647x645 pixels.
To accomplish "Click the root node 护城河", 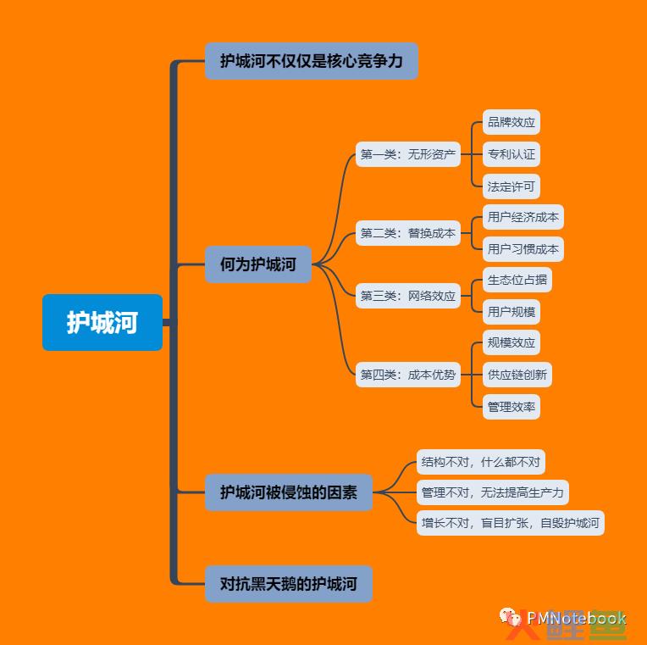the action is pos(102,322).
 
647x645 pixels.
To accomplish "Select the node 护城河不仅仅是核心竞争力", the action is pos(312,61).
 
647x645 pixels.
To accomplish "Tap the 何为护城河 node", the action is pos(258,264).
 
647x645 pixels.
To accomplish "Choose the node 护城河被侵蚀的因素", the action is pos(289,492).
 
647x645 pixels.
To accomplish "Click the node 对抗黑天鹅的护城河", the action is pos(289,584).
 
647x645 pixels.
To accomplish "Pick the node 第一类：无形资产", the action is pos(408,154).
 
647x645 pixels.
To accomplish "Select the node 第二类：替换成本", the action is pos(408,233).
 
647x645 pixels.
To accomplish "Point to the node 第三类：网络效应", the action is pos(408,296).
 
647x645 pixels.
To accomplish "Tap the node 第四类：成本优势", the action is pos(408,375).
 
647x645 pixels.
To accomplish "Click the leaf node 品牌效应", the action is pos(512,122).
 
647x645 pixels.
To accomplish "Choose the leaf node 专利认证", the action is pos(512,154).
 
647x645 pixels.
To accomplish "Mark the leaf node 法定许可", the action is pos(512,186).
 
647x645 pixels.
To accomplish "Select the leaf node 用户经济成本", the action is pos(523,217).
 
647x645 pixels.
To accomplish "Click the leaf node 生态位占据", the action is pos(517,280).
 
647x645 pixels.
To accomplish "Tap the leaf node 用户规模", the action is pos(512,312).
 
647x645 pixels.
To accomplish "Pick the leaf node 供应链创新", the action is pos(517,375).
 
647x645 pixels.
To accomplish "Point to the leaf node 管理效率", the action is pos(512,407).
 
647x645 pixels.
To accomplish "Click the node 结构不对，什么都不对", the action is pos(481,462).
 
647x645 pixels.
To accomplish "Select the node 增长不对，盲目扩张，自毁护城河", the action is pos(511,523).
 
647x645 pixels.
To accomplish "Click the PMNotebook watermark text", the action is pos(577,618).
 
